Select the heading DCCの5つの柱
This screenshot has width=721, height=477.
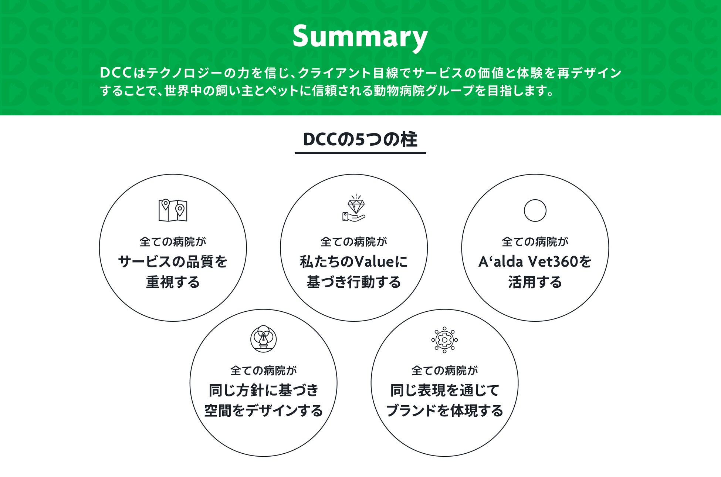click(360, 139)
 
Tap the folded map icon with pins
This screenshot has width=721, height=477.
click(173, 210)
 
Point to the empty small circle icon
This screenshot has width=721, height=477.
click(535, 210)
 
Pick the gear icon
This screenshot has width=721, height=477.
click(444, 339)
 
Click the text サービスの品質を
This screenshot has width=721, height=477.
click(173, 262)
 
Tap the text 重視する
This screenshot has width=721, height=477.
click(173, 282)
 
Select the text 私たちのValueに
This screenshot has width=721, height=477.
click(354, 262)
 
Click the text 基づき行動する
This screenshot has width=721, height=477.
click(354, 282)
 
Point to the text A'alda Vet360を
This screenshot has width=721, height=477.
click(535, 262)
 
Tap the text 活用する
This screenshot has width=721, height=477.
click(535, 282)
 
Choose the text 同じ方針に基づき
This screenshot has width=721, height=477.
click(263, 390)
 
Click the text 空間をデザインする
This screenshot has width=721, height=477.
click(263, 410)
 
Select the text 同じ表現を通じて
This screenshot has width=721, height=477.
click(444, 390)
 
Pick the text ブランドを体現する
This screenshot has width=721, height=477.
click(444, 410)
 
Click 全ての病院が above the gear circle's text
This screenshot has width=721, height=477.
click(444, 370)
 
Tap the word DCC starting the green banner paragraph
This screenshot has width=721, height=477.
click(116, 73)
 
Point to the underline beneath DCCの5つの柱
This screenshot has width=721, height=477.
click(360, 153)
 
